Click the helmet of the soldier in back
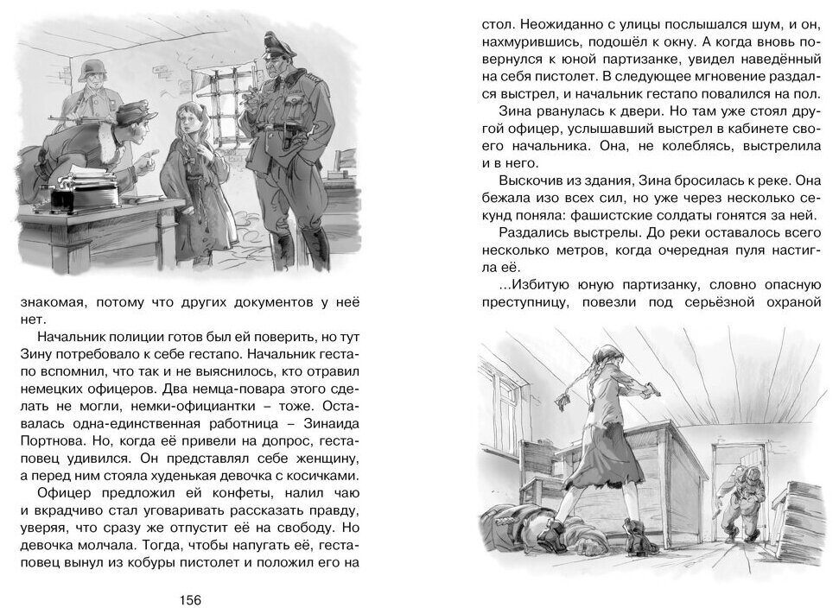point(90,67)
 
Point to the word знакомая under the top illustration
point(54,302)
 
